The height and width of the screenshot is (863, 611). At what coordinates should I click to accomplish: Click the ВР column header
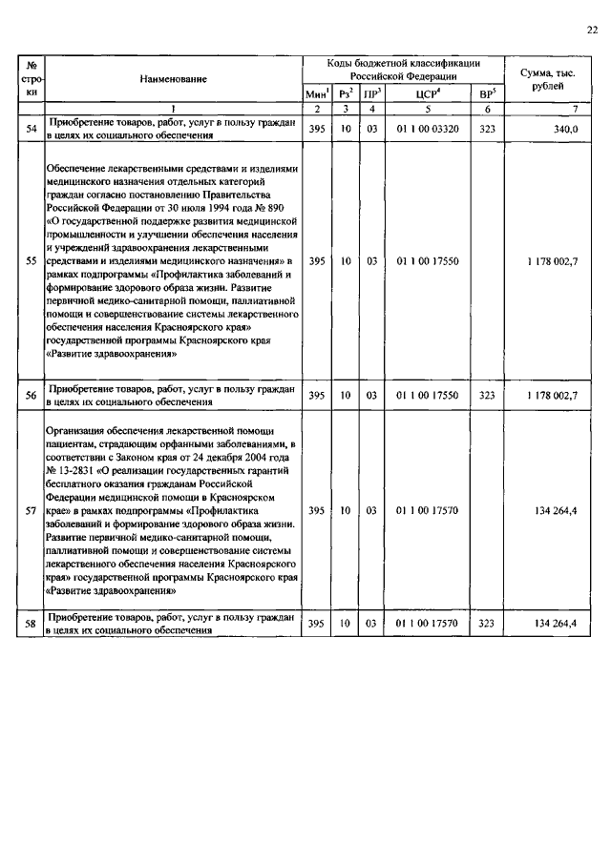[x=487, y=93]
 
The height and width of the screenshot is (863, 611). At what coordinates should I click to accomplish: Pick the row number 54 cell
[x=31, y=129]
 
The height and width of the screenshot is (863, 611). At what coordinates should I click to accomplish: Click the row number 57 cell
[x=31, y=510]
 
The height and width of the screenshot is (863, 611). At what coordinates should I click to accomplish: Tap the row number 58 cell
[x=31, y=624]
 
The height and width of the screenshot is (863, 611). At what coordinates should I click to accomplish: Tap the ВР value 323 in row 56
[x=487, y=394]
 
